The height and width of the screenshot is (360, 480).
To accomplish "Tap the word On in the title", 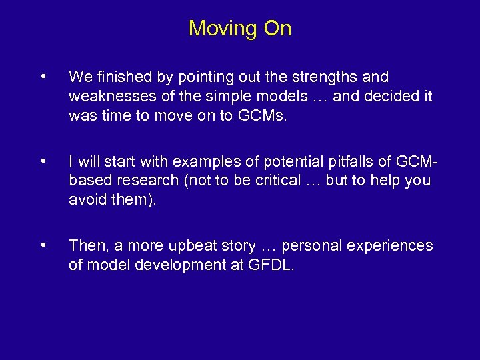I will point(278,29).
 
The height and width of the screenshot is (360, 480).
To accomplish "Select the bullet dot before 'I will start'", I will point(43,161).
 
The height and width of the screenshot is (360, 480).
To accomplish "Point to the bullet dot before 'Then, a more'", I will point(43,245).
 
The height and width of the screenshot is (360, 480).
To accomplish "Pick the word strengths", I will point(319,77).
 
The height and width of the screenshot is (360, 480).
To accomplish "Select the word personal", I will point(319,246).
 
